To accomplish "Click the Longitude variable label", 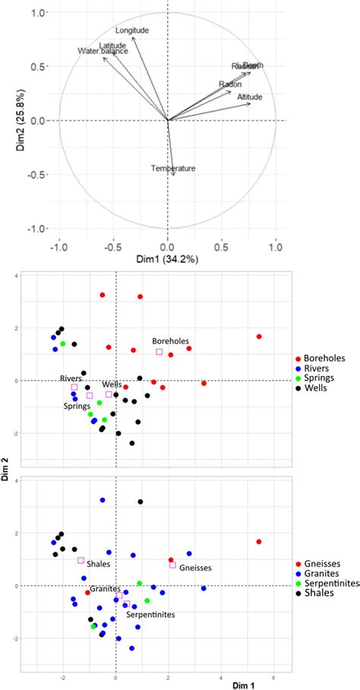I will [132, 30].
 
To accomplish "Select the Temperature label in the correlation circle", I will [173, 168].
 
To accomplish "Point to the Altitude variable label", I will [250, 97].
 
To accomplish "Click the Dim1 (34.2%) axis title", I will [168, 260].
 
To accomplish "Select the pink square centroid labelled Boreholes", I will [159, 352].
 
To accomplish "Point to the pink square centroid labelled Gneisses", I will [172, 565].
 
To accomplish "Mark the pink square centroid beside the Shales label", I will [81, 560].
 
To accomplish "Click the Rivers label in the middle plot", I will [71, 378].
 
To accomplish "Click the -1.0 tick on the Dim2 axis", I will [35, 229].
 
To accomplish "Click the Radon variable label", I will [230, 84].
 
